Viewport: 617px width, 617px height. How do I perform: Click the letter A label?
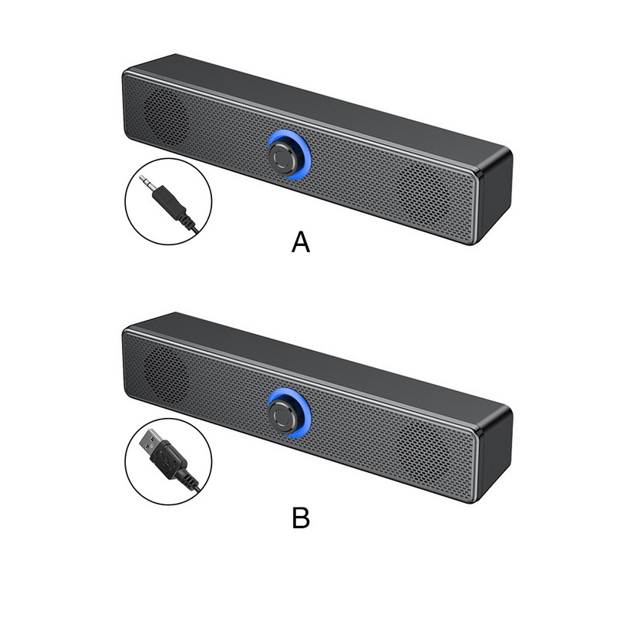(301, 242)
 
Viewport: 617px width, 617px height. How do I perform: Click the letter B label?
(301, 518)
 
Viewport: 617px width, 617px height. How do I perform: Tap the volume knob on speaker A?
(284, 154)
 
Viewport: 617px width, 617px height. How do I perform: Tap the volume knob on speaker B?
(284, 413)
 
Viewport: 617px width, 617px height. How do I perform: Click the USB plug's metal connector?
(150, 442)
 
